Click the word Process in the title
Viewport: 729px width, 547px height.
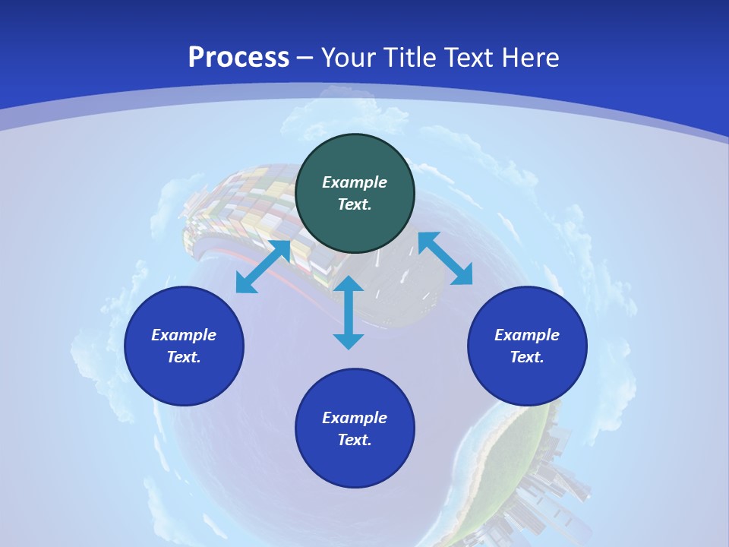[x=238, y=58]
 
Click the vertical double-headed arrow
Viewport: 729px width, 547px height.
[x=349, y=312]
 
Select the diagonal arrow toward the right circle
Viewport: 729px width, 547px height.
[x=445, y=258]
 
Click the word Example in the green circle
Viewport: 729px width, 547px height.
[x=355, y=182]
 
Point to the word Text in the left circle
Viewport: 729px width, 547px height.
[x=184, y=357]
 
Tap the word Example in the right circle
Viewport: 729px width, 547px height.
[x=527, y=335]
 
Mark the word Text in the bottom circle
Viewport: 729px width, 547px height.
[x=355, y=440]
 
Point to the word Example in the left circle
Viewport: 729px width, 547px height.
[x=184, y=335]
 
